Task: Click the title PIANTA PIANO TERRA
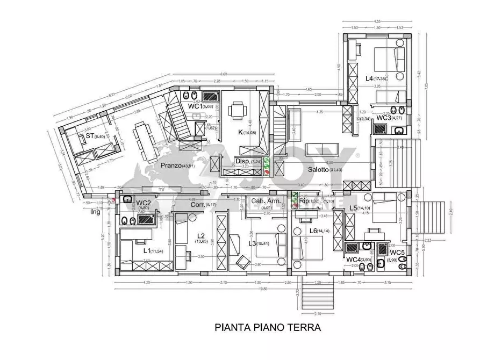tap(268, 327)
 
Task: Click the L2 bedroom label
tap(200, 236)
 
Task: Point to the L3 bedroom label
tap(250, 244)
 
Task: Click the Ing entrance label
tap(96, 212)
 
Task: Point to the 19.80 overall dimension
tap(262, 289)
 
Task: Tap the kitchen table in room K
tap(237, 112)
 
